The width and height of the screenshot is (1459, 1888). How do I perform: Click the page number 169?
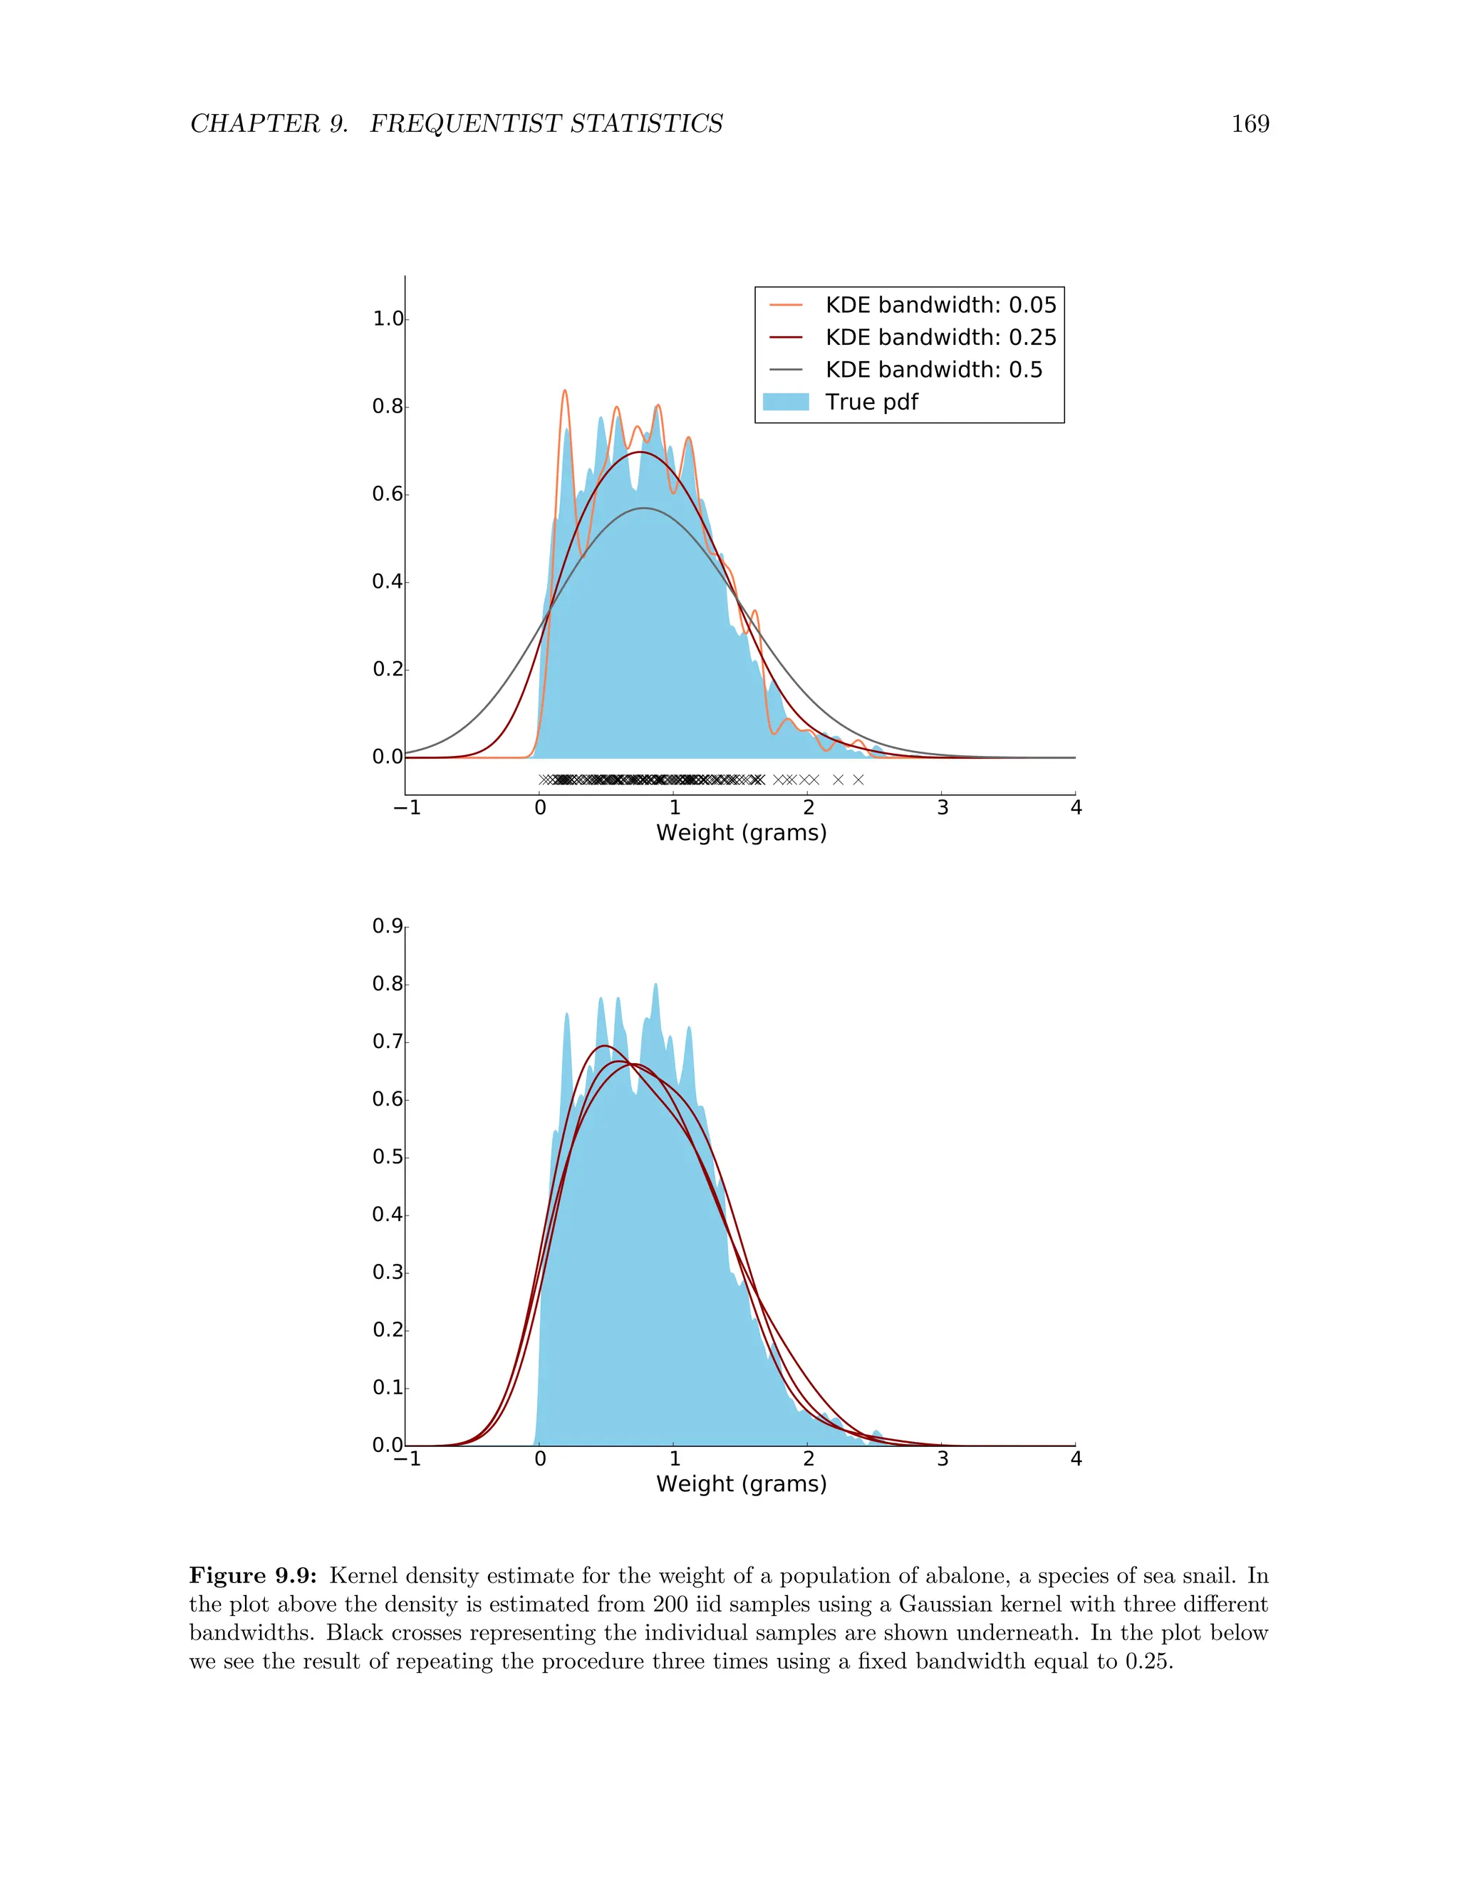coord(1250,125)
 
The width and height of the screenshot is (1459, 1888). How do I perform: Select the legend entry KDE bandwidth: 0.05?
coord(940,305)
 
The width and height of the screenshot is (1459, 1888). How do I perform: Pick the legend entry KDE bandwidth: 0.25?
coord(940,337)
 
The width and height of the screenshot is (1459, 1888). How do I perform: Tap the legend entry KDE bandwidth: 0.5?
coord(933,370)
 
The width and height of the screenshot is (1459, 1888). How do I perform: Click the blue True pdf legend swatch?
coord(786,402)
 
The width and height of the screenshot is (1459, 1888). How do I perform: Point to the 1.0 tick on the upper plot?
coord(388,319)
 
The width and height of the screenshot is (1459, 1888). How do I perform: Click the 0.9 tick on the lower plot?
coord(388,927)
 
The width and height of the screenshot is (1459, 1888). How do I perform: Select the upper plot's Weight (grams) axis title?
coord(741,832)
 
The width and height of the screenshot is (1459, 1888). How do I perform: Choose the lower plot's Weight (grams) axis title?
coord(741,1483)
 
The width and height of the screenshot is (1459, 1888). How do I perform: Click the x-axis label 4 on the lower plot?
coord(1076,1459)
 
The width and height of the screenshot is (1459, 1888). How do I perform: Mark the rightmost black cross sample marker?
coord(858,779)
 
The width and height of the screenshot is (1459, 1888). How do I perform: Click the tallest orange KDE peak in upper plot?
coord(565,390)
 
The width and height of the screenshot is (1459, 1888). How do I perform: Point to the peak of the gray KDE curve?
coord(643,508)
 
